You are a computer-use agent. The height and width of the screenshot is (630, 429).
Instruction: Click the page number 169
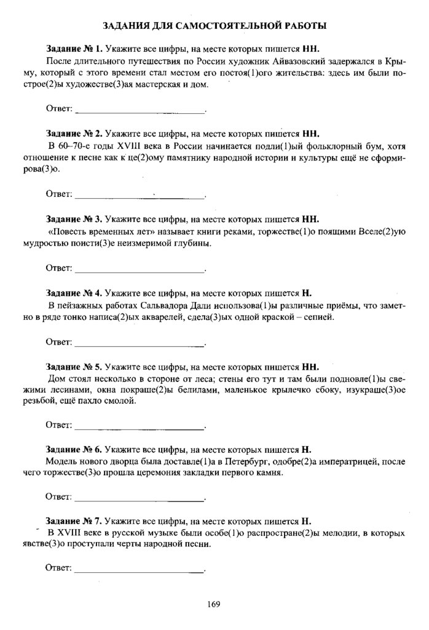[214, 604]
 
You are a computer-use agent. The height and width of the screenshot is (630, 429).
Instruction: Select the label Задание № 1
[74, 48]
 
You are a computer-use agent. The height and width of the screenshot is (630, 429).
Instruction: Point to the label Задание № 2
[74, 134]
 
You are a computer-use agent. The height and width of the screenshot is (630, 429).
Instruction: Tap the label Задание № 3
[74, 219]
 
